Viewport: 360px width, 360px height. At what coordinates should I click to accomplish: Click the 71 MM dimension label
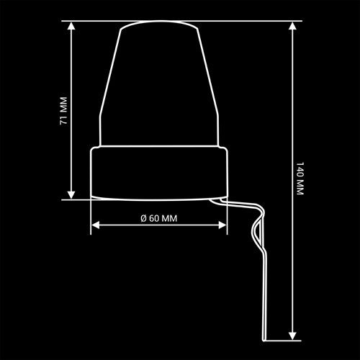(63, 111)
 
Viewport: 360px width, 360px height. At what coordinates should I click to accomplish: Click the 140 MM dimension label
(300, 179)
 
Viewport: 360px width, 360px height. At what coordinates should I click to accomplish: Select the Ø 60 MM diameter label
(159, 218)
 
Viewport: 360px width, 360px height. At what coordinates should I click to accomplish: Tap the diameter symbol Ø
(143, 218)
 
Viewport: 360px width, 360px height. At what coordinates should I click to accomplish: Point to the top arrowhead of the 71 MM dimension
(71, 25)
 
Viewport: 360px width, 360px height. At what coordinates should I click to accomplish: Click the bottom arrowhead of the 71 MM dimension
(71, 195)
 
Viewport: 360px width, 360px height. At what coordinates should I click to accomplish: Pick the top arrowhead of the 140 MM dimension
(292, 26)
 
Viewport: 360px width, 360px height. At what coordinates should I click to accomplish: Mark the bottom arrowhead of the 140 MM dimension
(292, 336)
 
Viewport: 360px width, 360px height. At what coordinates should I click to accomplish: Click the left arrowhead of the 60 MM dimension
(96, 225)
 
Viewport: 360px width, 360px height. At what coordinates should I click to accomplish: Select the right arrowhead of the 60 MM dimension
(222, 225)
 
